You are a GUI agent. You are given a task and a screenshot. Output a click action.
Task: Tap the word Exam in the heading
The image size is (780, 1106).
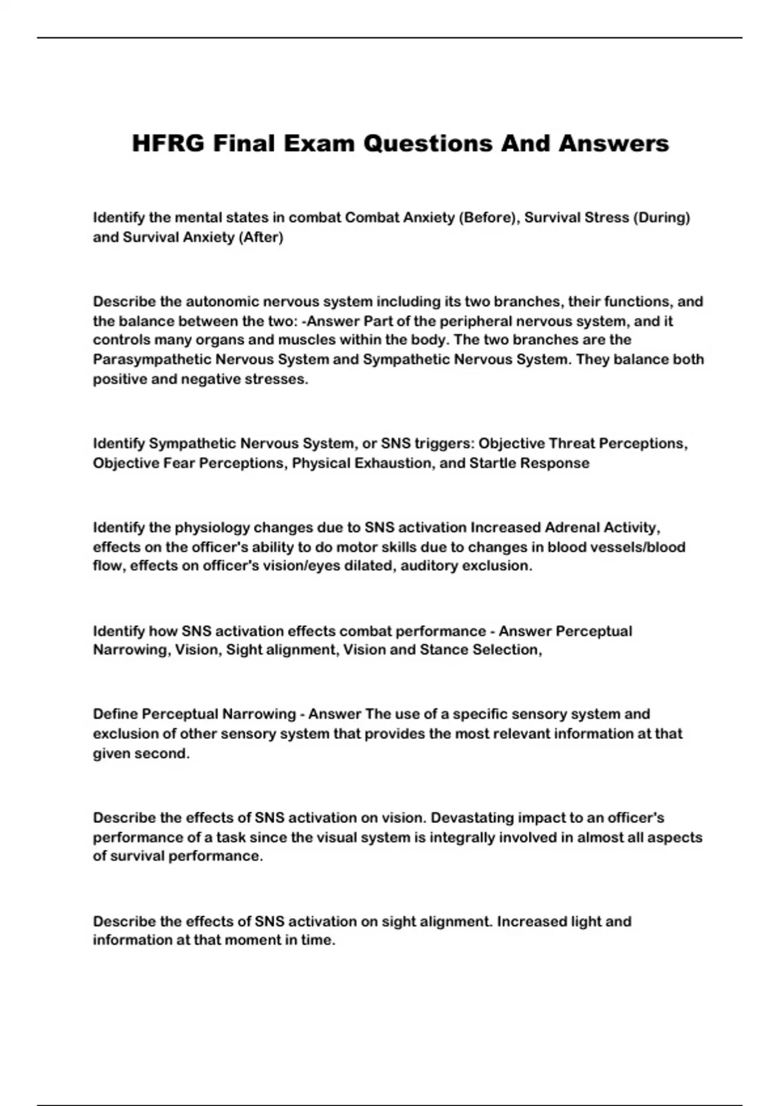(x=318, y=143)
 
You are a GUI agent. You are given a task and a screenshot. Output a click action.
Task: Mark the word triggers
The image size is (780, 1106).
(x=443, y=443)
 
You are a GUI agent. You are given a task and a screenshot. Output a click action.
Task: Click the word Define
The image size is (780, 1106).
(x=115, y=714)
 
